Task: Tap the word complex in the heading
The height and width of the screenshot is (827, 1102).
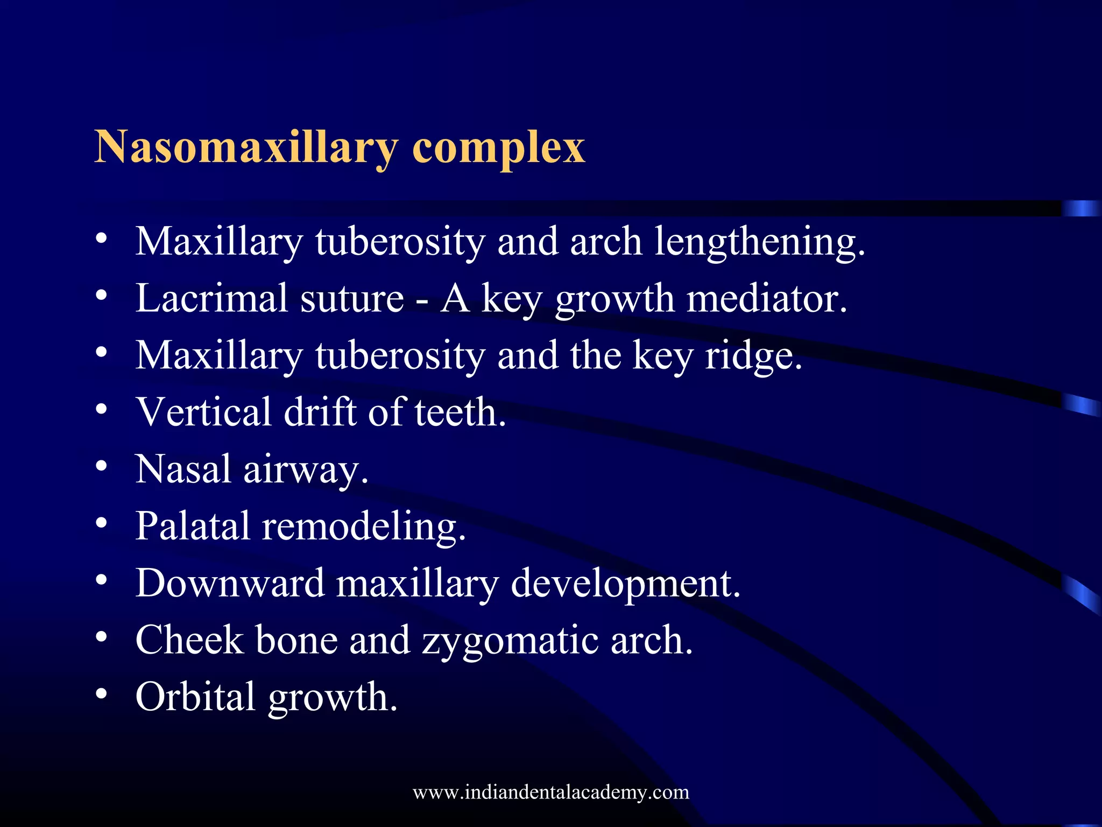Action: pos(498,148)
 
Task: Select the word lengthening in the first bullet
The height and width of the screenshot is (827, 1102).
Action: pos(759,242)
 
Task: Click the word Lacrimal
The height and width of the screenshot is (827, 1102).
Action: pos(211,298)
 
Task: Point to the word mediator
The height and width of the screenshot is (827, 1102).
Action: pos(767,298)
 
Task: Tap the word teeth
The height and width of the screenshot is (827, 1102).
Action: pos(460,412)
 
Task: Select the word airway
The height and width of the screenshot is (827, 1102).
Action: pos(306,469)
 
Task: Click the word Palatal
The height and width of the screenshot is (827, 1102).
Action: pos(193,526)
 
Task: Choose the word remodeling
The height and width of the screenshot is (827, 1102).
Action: pos(364,526)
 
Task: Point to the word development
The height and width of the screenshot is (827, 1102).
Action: pos(625,584)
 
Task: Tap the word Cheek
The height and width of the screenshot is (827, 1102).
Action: pos(189,640)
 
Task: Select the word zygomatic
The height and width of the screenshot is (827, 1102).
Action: pos(510,641)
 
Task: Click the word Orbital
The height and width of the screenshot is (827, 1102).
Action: pos(195,697)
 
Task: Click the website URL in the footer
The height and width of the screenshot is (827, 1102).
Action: pos(551,792)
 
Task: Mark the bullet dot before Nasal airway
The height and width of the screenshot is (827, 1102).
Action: pos(101,466)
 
